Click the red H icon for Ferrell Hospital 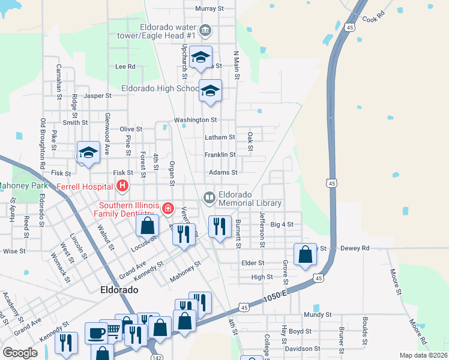(x=122, y=186)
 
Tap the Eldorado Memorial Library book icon (x=209, y=197)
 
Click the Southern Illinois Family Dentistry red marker (x=169, y=209)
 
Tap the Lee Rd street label (x=125, y=67)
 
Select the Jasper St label (x=98, y=95)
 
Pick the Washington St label (x=195, y=120)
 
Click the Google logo (x=20, y=352)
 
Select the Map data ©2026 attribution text (x=423, y=355)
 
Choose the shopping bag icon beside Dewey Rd (x=306, y=253)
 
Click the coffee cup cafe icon (x=95, y=333)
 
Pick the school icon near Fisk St (x=88, y=152)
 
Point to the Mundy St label (x=318, y=314)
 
